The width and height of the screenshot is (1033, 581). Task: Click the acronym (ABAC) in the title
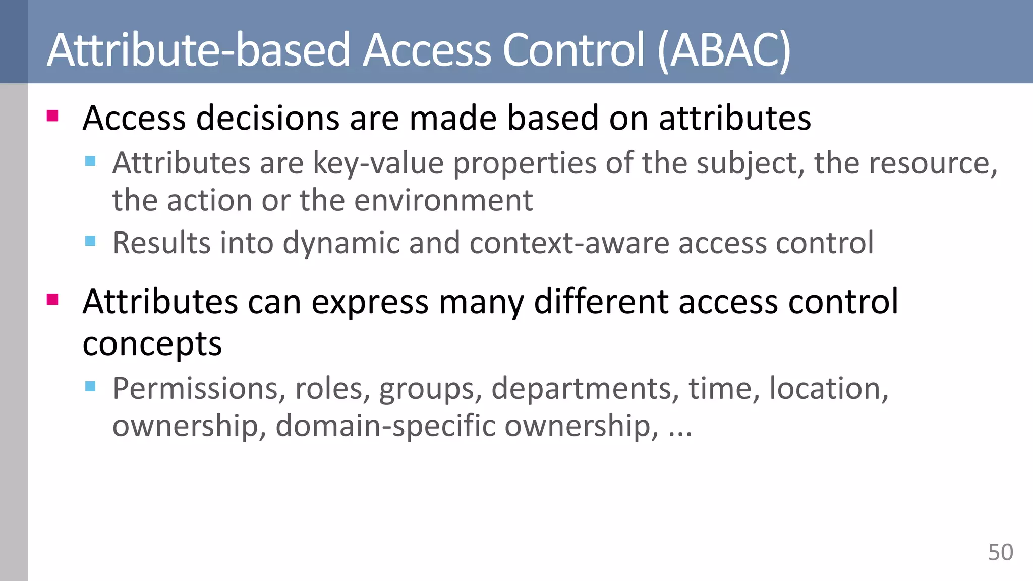coord(724,50)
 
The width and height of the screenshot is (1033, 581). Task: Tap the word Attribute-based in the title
coord(198,50)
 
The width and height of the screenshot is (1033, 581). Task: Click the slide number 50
coord(1000,552)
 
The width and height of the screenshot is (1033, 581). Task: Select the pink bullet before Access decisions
coord(52,116)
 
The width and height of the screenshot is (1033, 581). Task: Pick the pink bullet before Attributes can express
coord(52,300)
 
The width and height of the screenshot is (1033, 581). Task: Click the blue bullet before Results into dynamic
coord(90,241)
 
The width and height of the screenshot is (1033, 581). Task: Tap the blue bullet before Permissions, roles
coord(90,387)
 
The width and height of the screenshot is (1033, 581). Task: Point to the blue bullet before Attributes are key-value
coord(90,161)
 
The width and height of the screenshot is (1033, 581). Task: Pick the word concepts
coord(152,345)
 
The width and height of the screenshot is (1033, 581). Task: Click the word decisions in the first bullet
coord(267,119)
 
